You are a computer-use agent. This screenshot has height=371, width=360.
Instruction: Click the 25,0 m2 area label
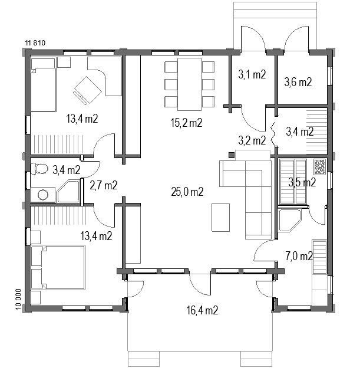tap(187, 192)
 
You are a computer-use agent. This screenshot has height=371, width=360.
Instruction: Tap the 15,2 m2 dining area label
tap(187, 123)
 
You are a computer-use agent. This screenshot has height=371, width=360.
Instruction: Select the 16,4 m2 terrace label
tap(202, 310)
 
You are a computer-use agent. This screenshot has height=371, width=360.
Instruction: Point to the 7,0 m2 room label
tap(299, 256)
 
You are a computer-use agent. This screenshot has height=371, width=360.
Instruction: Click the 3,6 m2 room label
tap(298, 82)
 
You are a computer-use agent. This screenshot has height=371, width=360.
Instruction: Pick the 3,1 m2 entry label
tap(252, 74)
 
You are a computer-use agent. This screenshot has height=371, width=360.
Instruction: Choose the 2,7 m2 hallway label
tap(104, 185)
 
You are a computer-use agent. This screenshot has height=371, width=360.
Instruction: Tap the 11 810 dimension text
tap(35, 43)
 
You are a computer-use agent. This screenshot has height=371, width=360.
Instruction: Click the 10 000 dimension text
tap(18, 299)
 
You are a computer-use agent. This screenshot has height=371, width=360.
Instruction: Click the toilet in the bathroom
tap(39, 169)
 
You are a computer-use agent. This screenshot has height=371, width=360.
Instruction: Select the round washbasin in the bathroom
tap(43, 195)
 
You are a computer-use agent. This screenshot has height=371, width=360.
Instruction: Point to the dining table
tap(190, 84)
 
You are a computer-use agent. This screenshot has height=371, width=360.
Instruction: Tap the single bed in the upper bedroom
tap(43, 85)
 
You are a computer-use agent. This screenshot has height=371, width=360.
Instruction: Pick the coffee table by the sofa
tap(220, 218)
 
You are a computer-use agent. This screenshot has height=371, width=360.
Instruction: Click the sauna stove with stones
tap(320, 166)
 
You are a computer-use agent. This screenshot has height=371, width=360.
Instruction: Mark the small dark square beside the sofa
tap(232, 155)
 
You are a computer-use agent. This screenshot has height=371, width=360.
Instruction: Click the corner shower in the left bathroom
tap(68, 191)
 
